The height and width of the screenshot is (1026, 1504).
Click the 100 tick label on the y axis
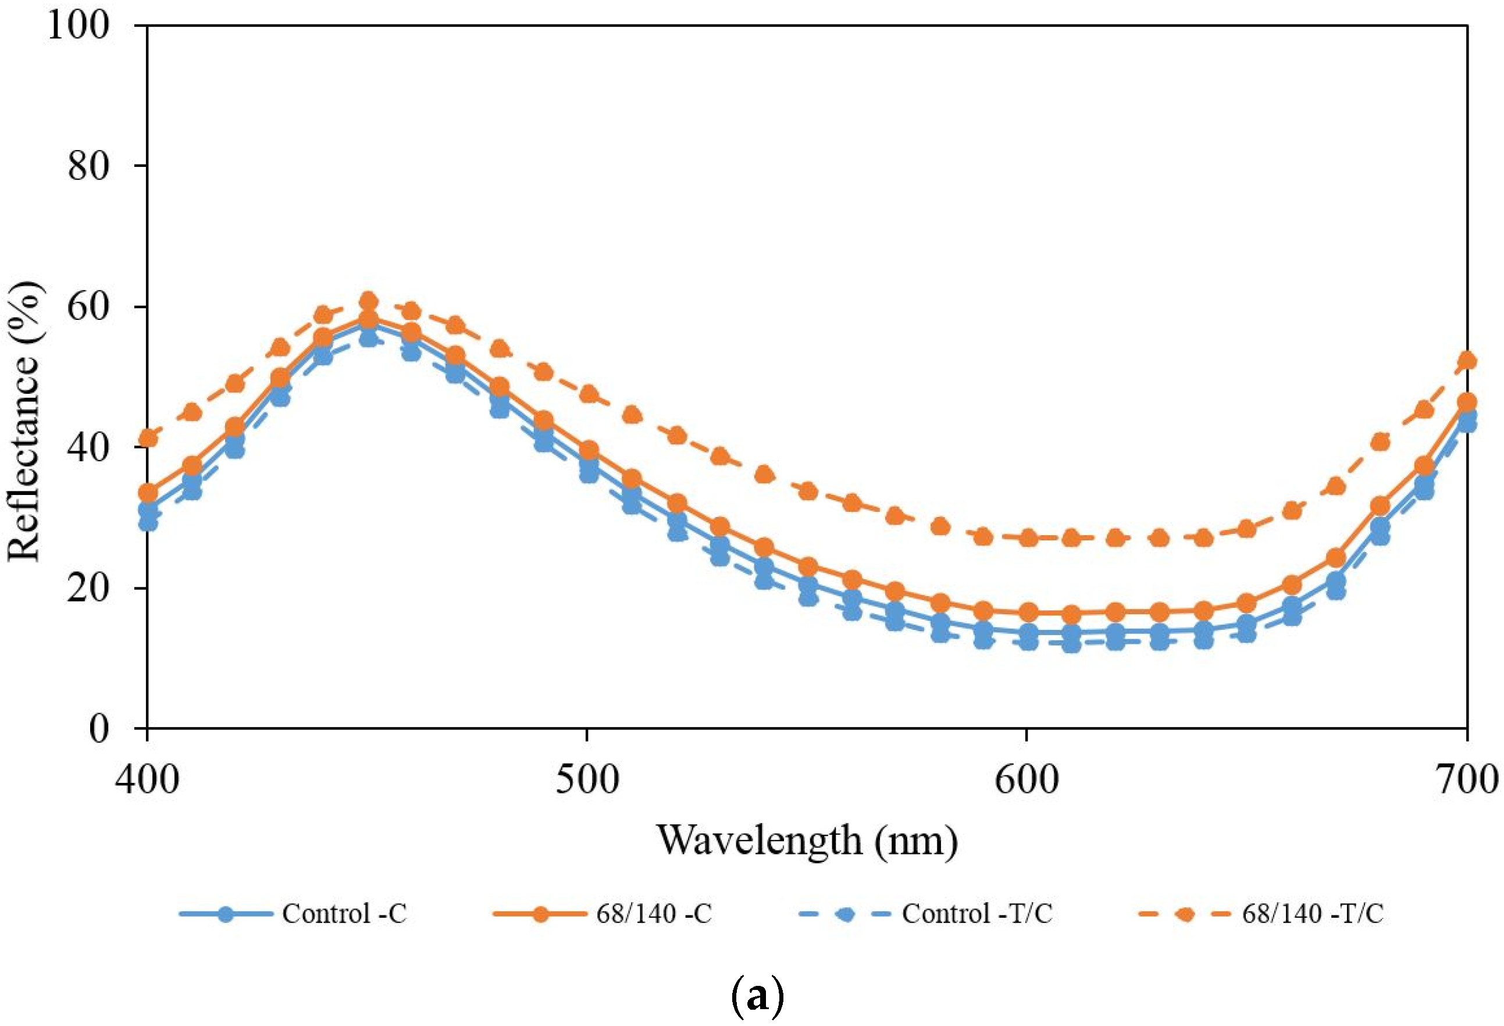[x=79, y=27]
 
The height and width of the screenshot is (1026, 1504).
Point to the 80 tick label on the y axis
[x=88, y=166]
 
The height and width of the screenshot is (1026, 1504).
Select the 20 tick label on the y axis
[x=88, y=588]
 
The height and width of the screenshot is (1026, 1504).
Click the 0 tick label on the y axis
[x=99, y=728]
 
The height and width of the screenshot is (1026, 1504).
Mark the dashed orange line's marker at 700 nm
[x=1466, y=361]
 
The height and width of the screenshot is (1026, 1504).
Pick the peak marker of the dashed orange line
[x=368, y=301]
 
